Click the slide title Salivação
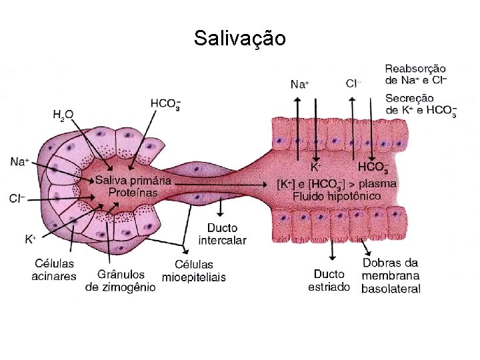click(x=240, y=38)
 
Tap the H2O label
click(x=63, y=115)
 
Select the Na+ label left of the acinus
click(x=20, y=162)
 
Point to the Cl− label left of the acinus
click(x=19, y=198)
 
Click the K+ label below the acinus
click(x=31, y=238)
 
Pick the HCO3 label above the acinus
click(x=165, y=105)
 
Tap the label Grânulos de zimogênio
click(x=121, y=280)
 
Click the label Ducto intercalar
click(x=223, y=235)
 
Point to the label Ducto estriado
click(x=329, y=280)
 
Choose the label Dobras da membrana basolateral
click(x=391, y=275)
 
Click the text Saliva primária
click(x=133, y=181)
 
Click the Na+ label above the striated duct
click(x=300, y=84)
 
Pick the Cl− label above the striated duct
click(x=353, y=83)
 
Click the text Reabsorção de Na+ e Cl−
click(x=415, y=74)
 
